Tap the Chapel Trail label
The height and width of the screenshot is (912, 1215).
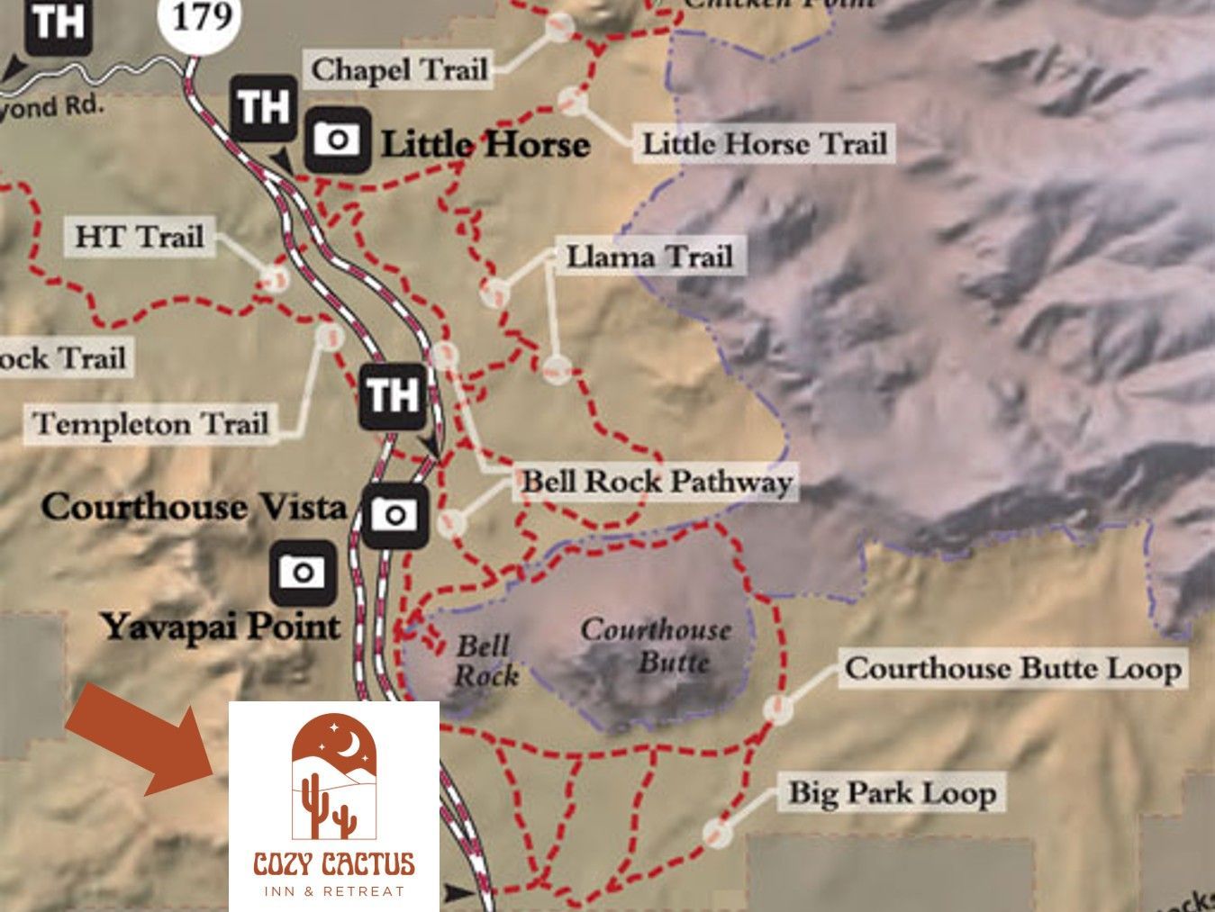pos(399,69)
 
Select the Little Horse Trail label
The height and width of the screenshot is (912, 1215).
pos(764,143)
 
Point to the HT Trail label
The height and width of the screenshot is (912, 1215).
pos(139,237)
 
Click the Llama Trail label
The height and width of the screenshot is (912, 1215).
pos(648,257)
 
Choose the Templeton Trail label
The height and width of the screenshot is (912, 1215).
pos(150,423)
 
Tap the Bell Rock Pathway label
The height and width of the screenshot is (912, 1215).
pos(657,482)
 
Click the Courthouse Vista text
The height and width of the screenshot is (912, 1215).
pos(194,507)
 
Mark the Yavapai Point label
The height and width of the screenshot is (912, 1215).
pos(222,627)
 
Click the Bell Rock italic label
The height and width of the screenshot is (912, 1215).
pos(485,660)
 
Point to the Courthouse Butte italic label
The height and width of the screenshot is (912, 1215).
pos(656,645)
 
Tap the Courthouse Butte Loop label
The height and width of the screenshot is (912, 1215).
pos(1012,669)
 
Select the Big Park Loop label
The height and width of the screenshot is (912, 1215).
pos(893,793)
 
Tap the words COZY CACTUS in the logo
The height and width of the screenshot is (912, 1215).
pos(333,865)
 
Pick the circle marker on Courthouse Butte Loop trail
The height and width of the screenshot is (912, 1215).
pos(775,709)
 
